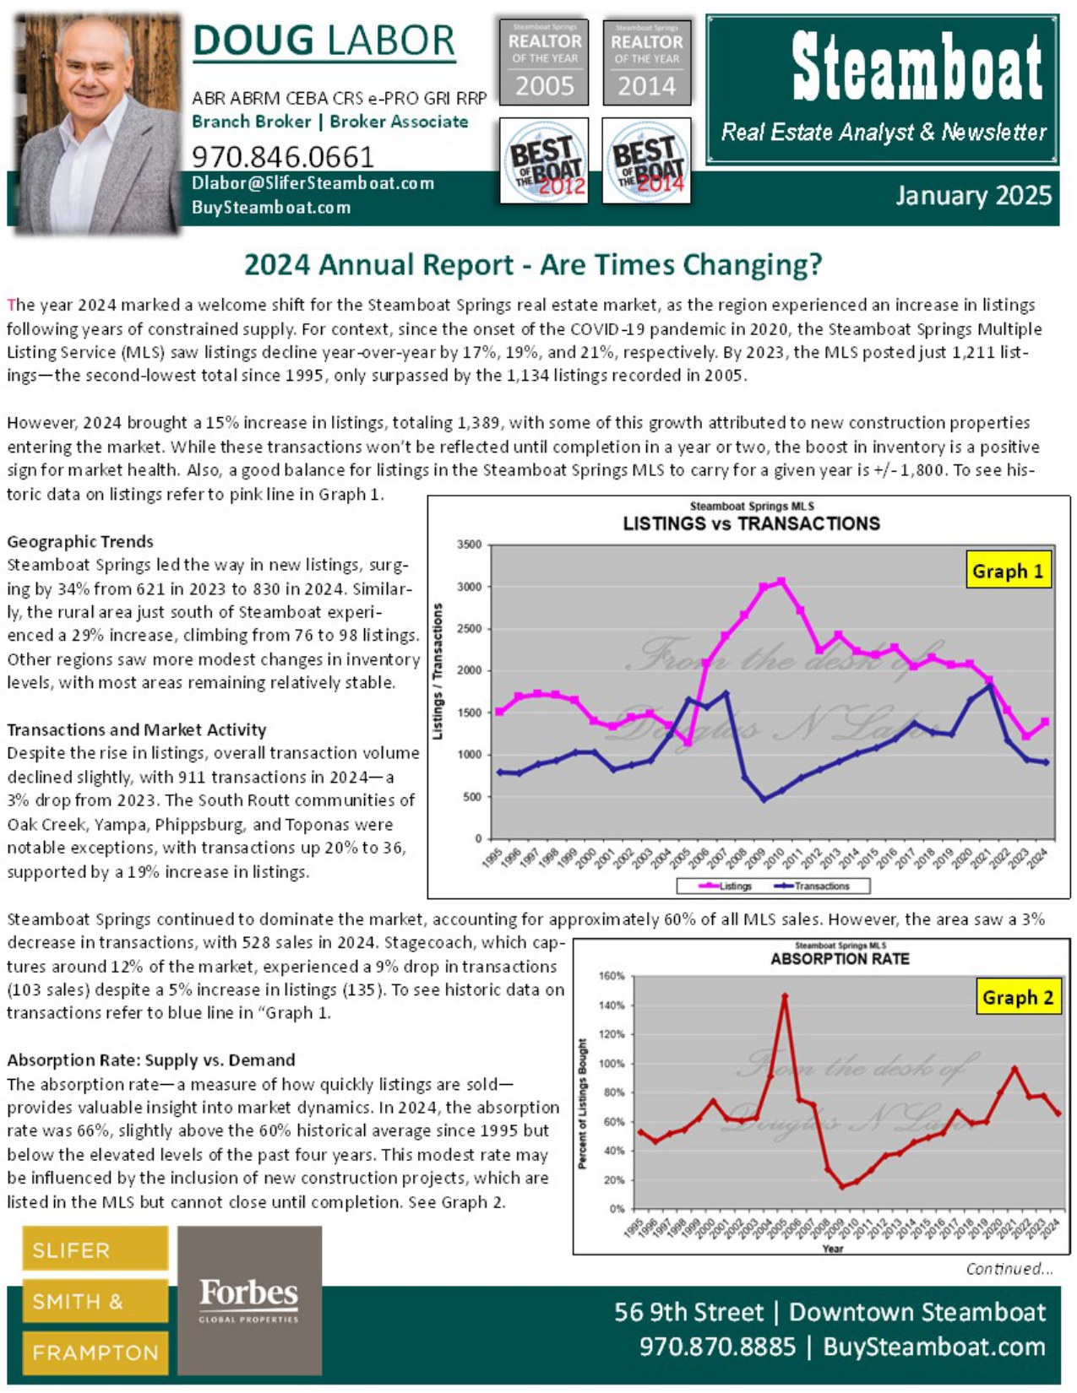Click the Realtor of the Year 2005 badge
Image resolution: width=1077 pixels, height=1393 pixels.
[544, 62]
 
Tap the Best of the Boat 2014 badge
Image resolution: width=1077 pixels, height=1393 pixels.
[646, 161]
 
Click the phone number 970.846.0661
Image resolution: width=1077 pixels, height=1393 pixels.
[283, 157]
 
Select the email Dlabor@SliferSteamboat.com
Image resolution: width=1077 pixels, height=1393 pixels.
[313, 183]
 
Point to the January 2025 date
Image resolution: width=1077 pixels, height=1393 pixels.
[973, 196]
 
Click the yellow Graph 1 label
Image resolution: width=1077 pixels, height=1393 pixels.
[1008, 572]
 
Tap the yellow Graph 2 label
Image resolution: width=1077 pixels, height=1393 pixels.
[1017, 998]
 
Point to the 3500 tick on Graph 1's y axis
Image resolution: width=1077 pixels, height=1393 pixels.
[469, 545]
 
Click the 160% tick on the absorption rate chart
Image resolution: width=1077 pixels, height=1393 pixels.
[612, 976]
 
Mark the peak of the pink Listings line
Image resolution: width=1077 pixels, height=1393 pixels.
[781, 581]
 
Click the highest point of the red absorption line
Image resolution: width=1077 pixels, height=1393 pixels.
[785, 996]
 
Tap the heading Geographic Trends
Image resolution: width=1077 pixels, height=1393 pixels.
[80, 541]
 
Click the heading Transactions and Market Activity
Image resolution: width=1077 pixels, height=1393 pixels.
[137, 729]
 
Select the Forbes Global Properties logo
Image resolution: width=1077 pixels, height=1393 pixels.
[249, 1299]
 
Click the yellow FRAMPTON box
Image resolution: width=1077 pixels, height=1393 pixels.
[95, 1352]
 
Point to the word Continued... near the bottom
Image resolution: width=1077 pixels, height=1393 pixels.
[1009, 1269]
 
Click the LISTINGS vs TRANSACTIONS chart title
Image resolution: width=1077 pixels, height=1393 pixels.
[751, 523]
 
